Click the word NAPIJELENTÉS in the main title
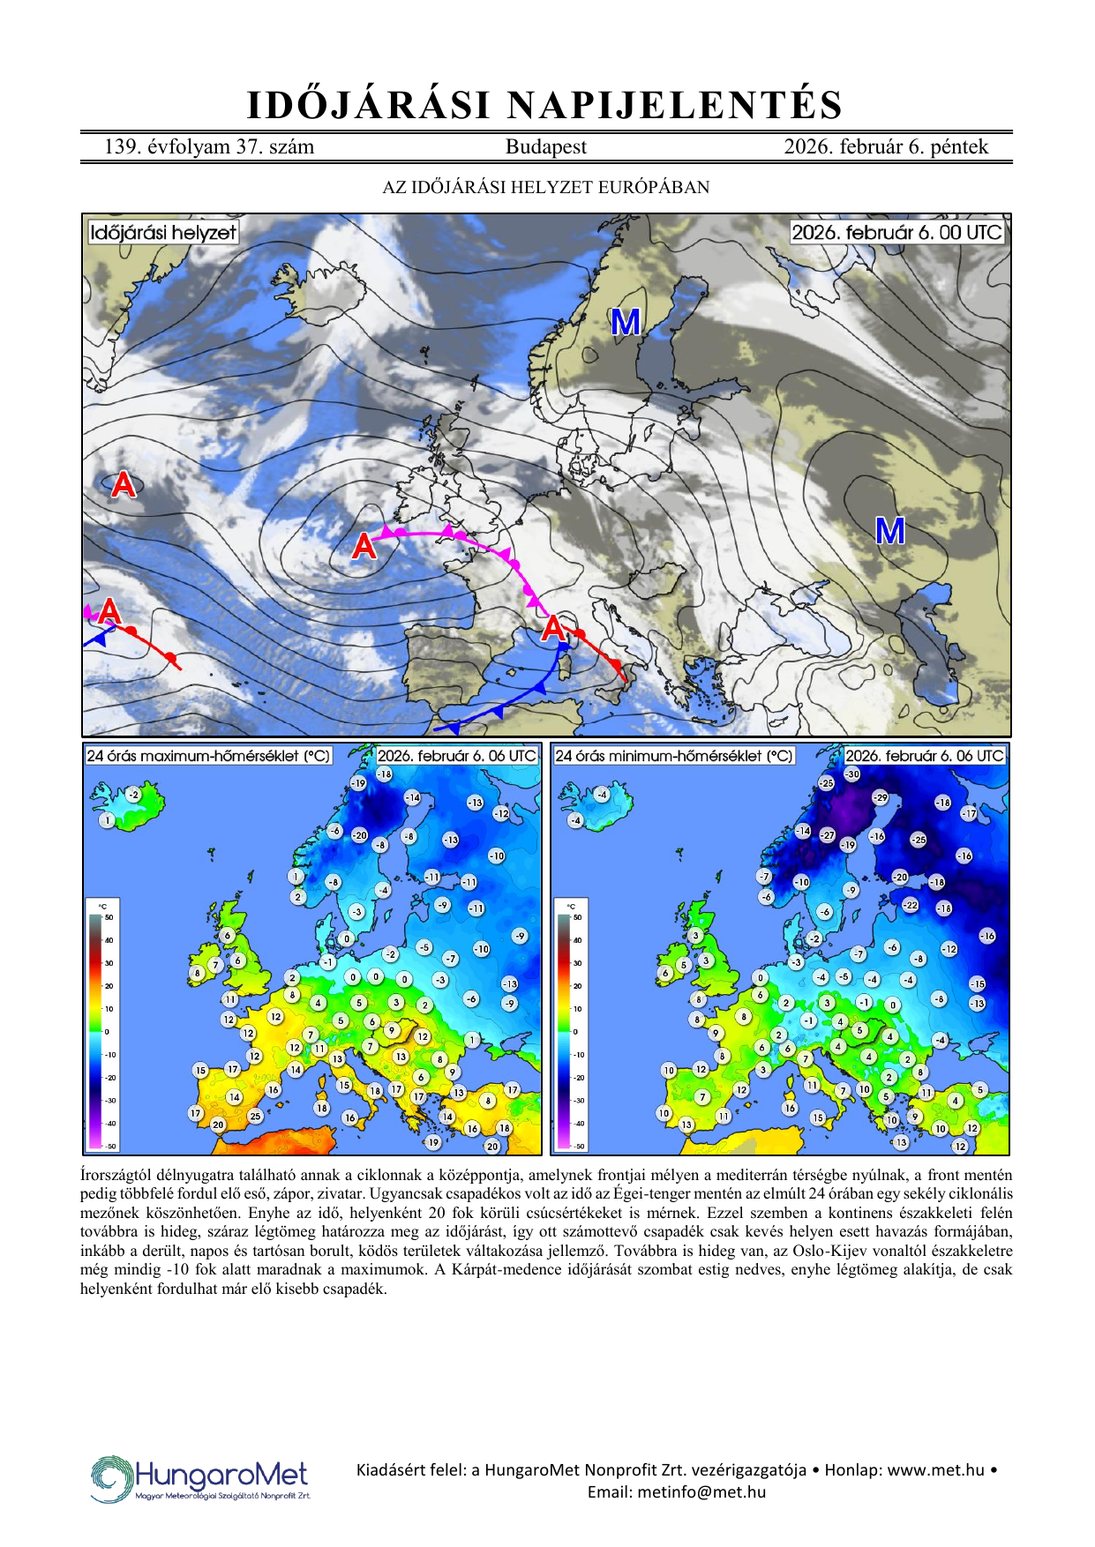click(675, 106)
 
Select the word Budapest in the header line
click(545, 147)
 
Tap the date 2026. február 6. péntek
click(885, 147)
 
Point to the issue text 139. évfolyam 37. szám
click(209, 147)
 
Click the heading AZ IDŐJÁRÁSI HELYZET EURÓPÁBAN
click(545, 187)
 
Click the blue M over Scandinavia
click(626, 323)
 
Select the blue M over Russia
click(889, 531)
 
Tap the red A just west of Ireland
click(364, 547)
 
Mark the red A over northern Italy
click(552, 629)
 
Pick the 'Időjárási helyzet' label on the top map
click(163, 233)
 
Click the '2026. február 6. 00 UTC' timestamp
click(896, 233)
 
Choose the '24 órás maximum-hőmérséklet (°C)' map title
click(208, 756)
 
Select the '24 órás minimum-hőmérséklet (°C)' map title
click(673, 756)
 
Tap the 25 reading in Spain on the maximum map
click(255, 1116)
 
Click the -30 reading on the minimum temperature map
click(851, 774)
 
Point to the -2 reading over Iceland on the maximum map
click(132, 795)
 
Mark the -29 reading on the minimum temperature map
click(880, 797)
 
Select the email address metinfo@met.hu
click(701, 1492)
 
